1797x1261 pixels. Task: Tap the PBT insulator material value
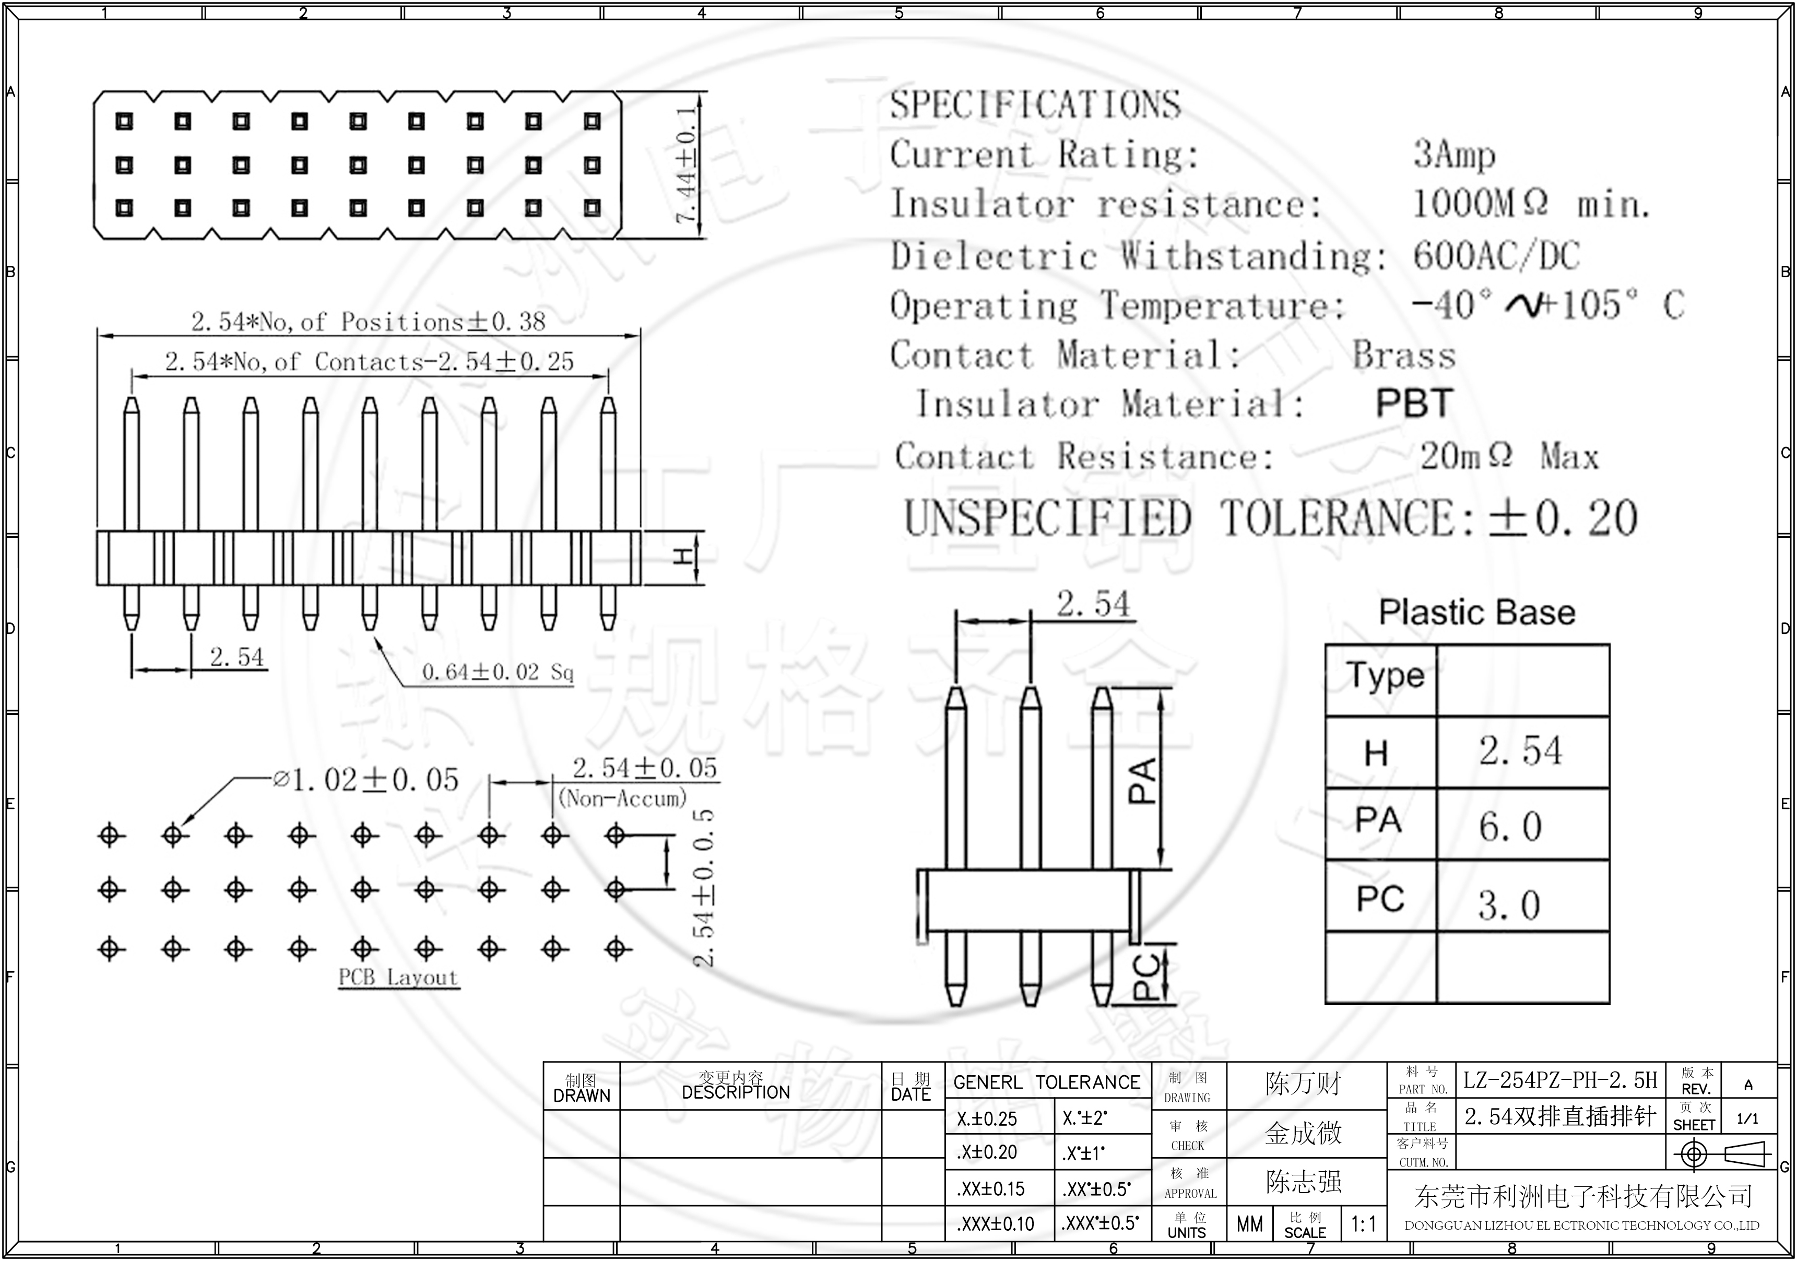pos(1413,404)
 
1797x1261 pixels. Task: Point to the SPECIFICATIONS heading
pos(1035,105)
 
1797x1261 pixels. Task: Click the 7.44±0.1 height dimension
pos(685,164)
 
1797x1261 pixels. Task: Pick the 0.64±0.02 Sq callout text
pos(498,671)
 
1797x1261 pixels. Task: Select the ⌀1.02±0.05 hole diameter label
pos(365,780)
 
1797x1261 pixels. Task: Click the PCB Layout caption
pos(398,977)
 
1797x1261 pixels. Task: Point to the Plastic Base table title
pos(1476,612)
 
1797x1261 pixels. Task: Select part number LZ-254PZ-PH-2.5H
pos(1560,1080)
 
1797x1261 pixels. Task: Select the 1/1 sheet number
pos(1747,1118)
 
